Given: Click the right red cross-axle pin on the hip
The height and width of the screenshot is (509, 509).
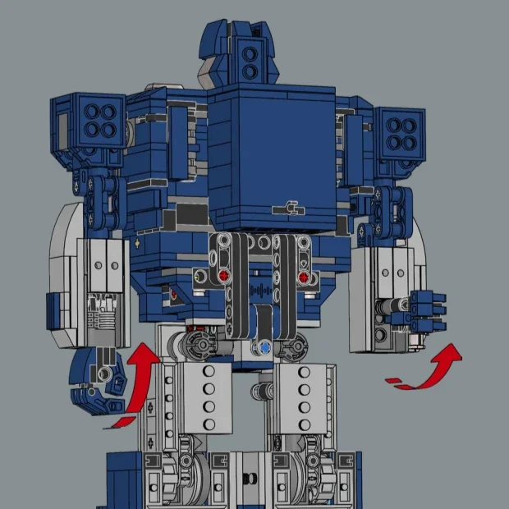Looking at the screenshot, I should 305,278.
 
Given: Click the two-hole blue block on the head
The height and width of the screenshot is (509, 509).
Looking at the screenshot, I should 249,62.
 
